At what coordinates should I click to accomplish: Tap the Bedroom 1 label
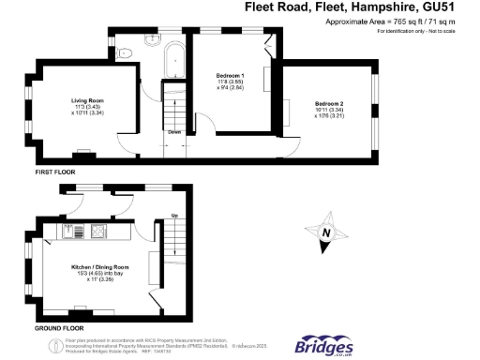point(230,75)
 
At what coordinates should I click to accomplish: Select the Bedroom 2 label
point(330,102)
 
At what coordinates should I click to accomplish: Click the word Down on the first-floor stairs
point(174,132)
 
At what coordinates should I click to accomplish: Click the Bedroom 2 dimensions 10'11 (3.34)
point(330,109)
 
